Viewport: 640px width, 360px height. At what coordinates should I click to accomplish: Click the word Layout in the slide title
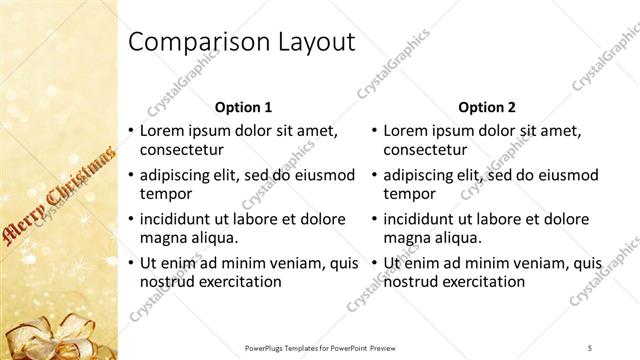[x=311, y=42]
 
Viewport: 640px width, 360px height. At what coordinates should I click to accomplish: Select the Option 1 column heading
[x=243, y=106]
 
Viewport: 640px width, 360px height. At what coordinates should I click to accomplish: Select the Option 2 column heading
[x=486, y=106]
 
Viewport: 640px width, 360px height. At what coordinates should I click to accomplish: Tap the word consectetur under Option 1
[x=181, y=150]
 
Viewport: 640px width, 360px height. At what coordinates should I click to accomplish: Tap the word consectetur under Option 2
[x=425, y=150]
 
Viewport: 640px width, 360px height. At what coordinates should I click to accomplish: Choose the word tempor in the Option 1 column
[x=164, y=194]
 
